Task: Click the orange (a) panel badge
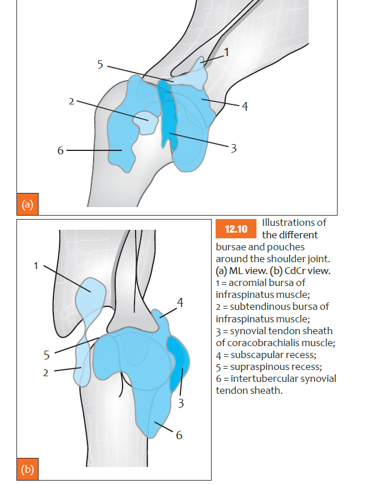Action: [x=27, y=204]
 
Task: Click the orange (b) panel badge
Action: [x=27, y=470]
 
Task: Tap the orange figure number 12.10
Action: [x=237, y=229]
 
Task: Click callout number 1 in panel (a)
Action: [x=226, y=53]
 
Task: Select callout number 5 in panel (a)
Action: [x=100, y=65]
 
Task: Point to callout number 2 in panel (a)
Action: [x=71, y=102]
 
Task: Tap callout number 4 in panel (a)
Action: [x=245, y=106]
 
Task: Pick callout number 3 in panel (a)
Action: [x=233, y=148]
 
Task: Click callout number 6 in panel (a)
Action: [x=60, y=150]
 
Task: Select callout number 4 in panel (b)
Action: [x=180, y=303]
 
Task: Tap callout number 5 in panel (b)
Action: [x=47, y=356]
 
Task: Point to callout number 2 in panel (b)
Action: [x=47, y=373]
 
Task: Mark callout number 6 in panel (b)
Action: [x=179, y=435]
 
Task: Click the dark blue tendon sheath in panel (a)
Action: [x=168, y=113]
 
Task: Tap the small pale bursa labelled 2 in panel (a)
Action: [x=145, y=121]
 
